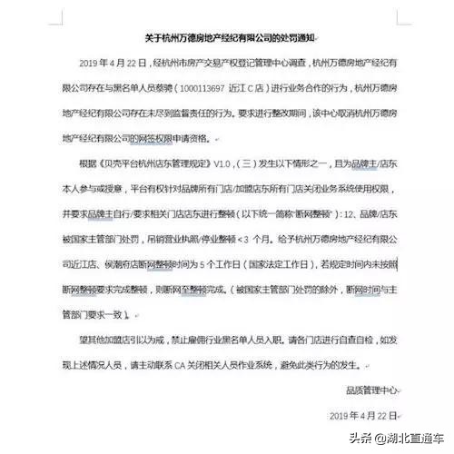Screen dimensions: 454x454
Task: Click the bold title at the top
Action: (226, 39)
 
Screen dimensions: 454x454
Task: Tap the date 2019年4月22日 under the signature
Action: (362, 416)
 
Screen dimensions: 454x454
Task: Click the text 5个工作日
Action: (241, 264)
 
